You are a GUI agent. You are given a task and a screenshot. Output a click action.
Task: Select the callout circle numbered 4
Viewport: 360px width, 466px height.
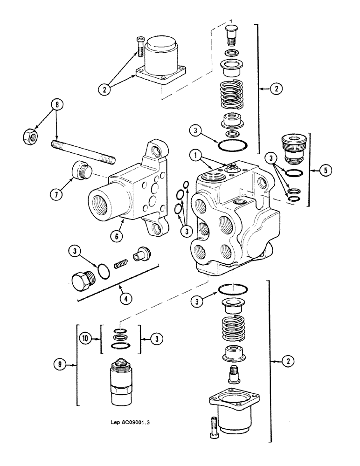click(x=125, y=299)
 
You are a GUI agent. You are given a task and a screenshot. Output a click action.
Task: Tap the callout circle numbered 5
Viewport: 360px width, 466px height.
click(x=327, y=170)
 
